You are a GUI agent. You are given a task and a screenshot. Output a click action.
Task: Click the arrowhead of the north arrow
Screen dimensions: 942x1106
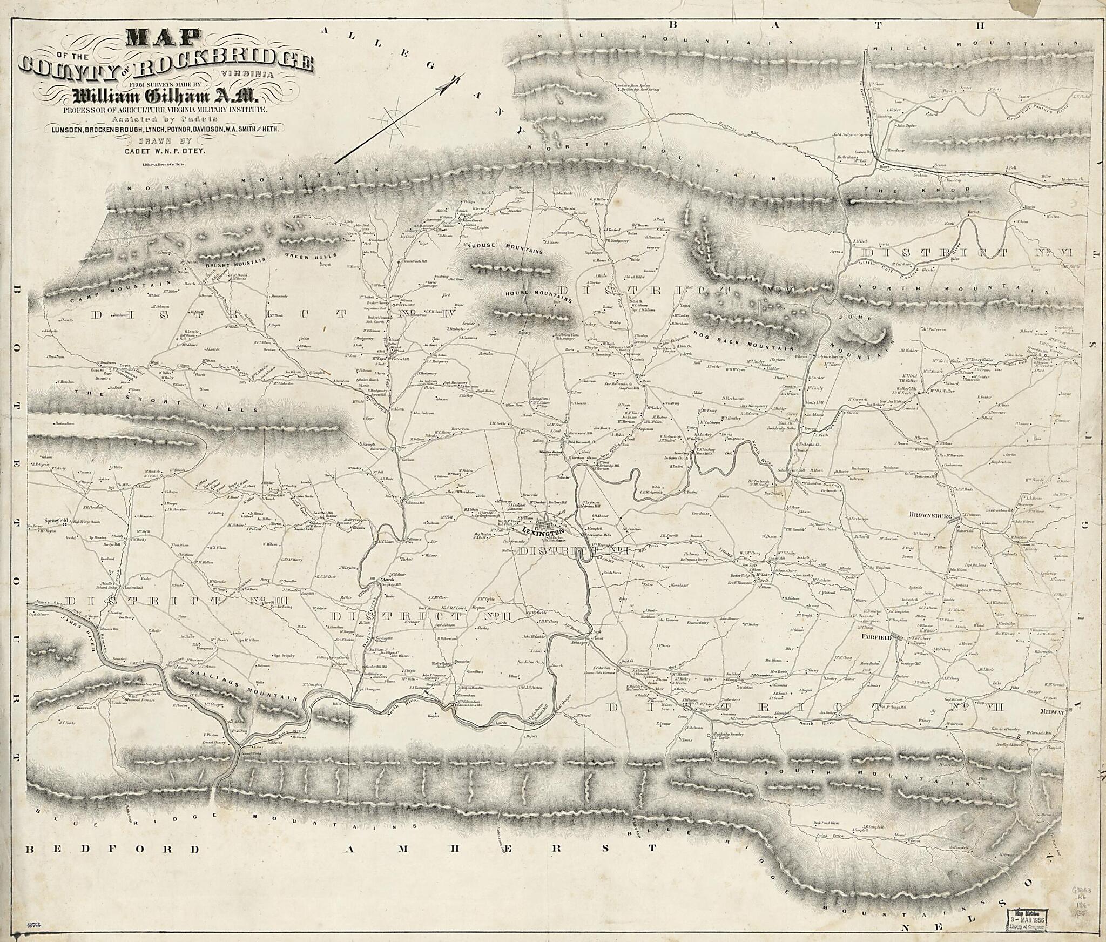pyautogui.click(x=447, y=86)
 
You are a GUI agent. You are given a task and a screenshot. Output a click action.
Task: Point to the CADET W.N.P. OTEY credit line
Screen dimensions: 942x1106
pyautogui.click(x=166, y=152)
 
